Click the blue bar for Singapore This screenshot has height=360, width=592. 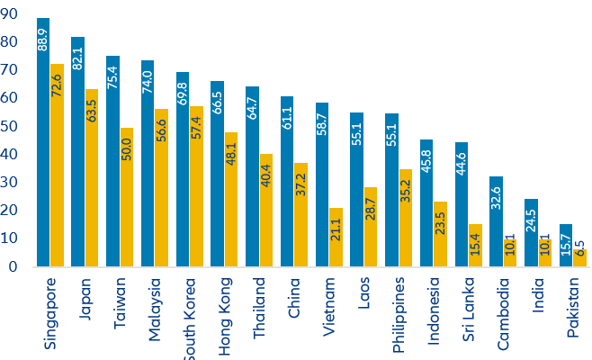tap(43, 144)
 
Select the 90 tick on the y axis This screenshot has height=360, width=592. tap(12, 14)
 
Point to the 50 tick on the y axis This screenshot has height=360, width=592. tap(12, 127)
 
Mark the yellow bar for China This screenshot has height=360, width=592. tap(300, 215)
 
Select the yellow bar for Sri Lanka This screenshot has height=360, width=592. tap(475, 246)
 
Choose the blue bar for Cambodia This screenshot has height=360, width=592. tap(496, 221)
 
